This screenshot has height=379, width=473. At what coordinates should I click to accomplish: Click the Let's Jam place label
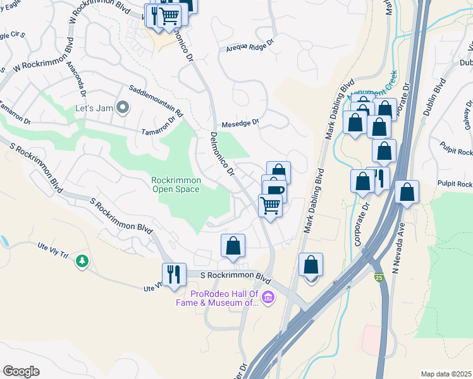pos(94,108)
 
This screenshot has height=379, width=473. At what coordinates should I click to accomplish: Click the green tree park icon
pos(82,261)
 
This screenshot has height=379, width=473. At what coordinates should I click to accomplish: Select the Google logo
pos(21,371)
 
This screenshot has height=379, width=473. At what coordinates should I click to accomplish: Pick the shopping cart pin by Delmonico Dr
pos(270,205)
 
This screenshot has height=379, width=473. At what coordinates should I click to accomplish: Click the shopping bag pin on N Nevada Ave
pos(407,191)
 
